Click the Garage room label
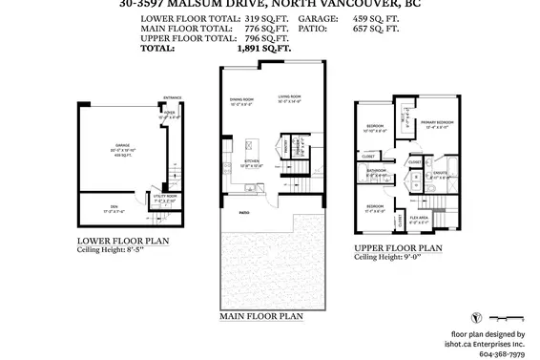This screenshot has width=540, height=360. pyautogui.click(x=123, y=146)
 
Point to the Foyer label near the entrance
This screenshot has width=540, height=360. pyautogui.click(x=172, y=112)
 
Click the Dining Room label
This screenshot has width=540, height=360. pyautogui.click(x=240, y=98)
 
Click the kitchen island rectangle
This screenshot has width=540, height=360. pyautogui.click(x=252, y=149)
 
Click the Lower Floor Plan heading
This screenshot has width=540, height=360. pyautogui.click(x=123, y=242)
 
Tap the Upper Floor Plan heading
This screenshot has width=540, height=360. pyautogui.click(x=397, y=247)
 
